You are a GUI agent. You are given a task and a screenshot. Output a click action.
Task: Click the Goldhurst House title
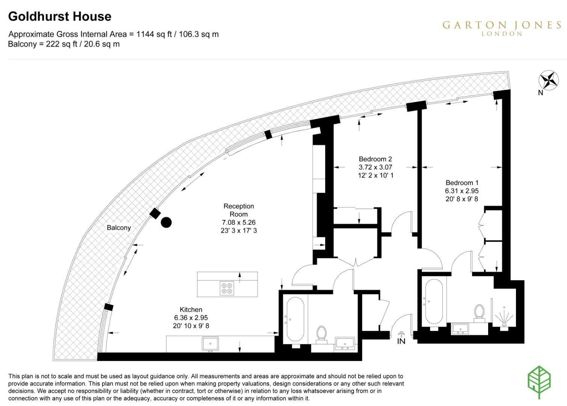pyautogui.click(x=60, y=17)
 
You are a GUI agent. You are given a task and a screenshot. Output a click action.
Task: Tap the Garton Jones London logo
pyautogui.click(x=502, y=28)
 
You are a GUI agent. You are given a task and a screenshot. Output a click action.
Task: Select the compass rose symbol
pyautogui.click(x=549, y=80)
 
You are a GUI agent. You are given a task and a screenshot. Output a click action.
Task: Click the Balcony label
pyautogui.click(x=119, y=228)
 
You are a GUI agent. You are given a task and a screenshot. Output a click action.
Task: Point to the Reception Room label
pyautogui.click(x=238, y=210)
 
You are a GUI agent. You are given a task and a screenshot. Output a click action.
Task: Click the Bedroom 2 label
pyautogui.click(x=375, y=159)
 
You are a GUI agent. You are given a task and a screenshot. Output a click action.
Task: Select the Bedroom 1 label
pyautogui.click(x=461, y=183)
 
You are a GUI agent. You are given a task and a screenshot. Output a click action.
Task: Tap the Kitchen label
pyautogui.click(x=191, y=310)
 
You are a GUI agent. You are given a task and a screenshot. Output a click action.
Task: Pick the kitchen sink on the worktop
pyautogui.click(x=210, y=344)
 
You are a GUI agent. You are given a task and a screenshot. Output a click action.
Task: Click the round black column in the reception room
pyautogui.click(x=166, y=223)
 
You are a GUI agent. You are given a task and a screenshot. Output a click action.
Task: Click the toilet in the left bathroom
pyautogui.click(x=321, y=334)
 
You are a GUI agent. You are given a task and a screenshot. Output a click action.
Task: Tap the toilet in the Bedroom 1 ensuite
pyautogui.click(x=479, y=313)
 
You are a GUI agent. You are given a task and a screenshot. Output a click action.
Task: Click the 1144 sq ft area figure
pyautogui.click(x=154, y=34)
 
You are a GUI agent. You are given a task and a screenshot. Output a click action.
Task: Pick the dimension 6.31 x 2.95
pyautogui.click(x=461, y=191)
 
